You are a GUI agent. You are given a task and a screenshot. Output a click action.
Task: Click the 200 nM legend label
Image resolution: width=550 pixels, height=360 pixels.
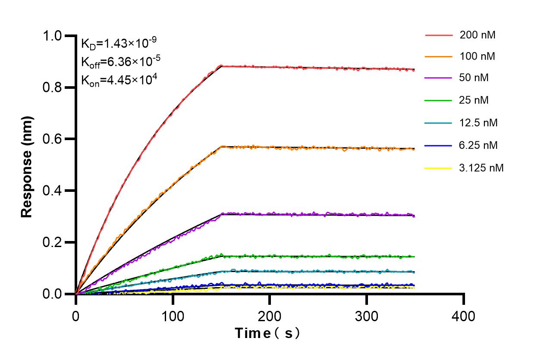(x=477, y=35)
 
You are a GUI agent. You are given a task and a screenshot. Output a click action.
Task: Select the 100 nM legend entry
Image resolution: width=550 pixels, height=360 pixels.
(x=477, y=56)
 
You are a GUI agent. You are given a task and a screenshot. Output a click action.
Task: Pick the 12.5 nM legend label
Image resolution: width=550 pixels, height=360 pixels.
(x=478, y=123)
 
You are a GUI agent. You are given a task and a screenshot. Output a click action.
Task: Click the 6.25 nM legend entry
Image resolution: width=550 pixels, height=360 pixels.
(x=478, y=145)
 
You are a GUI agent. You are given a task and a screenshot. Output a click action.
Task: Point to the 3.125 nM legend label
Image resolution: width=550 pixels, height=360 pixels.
(x=481, y=168)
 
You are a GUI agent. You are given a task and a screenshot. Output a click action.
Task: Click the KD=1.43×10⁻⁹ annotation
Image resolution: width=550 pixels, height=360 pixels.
(x=119, y=43)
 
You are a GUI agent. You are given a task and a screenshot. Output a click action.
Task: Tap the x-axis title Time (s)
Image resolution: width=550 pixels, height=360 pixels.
(x=267, y=333)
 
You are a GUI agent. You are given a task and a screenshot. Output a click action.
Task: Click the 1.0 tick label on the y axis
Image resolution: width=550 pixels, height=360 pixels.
(x=54, y=36)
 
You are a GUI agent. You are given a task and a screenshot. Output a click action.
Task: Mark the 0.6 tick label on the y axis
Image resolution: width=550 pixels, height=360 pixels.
(x=54, y=139)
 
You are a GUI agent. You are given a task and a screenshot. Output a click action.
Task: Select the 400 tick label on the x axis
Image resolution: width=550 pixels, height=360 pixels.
(x=464, y=316)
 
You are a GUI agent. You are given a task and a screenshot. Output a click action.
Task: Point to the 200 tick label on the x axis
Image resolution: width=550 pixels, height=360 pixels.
(x=270, y=316)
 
